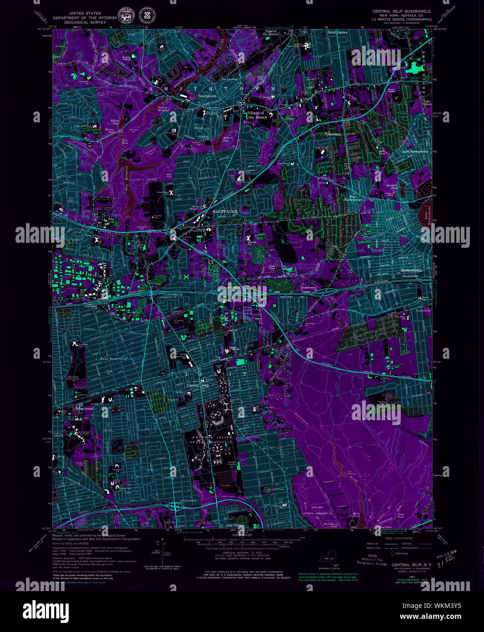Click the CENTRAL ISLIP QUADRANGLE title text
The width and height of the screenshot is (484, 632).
tap(401, 11)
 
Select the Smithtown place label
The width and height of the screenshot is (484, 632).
tap(207, 96)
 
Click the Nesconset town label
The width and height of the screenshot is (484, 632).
tap(333, 134)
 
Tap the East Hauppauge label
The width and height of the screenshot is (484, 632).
tap(353, 198)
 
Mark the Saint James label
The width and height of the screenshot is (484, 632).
tap(338, 32)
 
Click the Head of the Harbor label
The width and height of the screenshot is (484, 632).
tap(271, 32)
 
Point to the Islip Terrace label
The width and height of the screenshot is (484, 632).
tap(236, 525)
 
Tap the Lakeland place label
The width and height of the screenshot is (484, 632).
tap(423, 311)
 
